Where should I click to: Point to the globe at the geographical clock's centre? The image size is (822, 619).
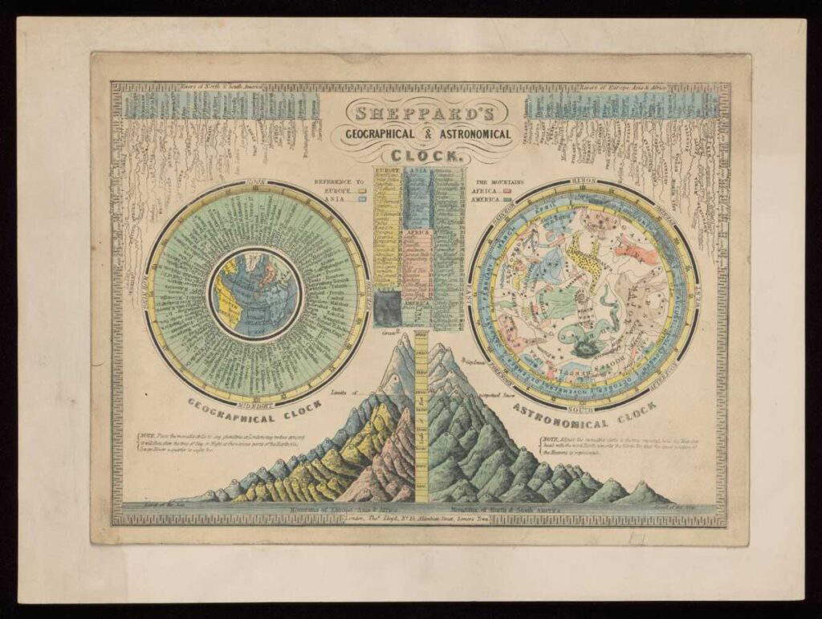click(254, 292)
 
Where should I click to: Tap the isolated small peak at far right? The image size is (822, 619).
click(642, 493)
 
